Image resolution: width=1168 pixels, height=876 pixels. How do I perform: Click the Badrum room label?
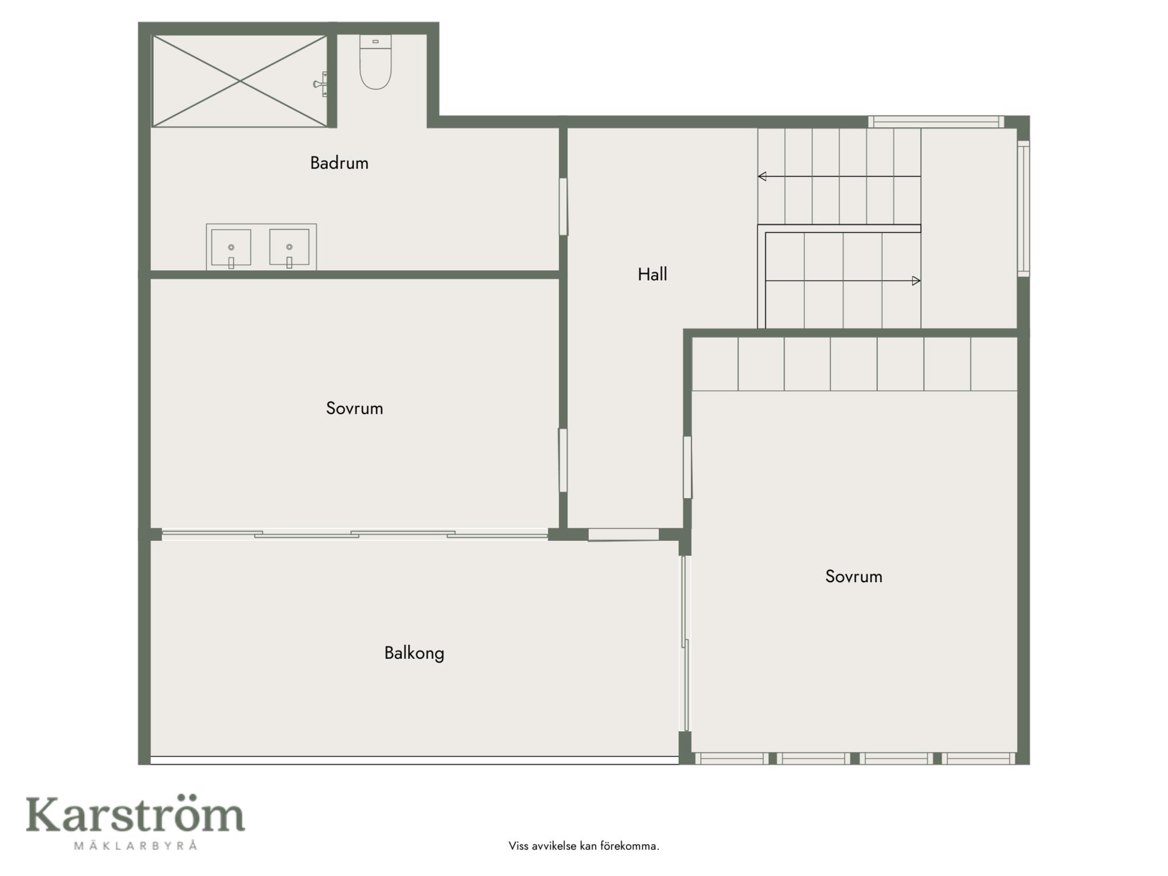click(x=339, y=163)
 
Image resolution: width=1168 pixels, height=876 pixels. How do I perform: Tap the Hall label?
click(x=652, y=274)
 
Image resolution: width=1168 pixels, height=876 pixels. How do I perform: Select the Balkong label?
click(x=414, y=653)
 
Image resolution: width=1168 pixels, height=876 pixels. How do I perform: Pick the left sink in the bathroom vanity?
click(x=231, y=248)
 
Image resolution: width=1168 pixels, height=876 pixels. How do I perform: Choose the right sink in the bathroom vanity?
click(x=289, y=248)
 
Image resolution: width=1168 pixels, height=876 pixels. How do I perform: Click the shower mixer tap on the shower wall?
click(x=321, y=84)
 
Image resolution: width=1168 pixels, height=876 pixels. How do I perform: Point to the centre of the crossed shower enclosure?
click(x=240, y=81)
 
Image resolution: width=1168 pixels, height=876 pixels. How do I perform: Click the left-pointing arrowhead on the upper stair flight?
click(x=762, y=176)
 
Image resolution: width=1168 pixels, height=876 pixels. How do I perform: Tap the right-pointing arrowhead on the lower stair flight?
click(x=916, y=280)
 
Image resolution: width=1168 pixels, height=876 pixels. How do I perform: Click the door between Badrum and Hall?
click(x=563, y=206)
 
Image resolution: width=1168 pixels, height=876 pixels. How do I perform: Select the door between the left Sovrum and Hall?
click(x=563, y=461)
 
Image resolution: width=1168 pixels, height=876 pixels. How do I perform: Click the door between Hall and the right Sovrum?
click(x=687, y=467)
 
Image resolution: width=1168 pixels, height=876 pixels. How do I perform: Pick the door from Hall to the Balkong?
click(x=624, y=535)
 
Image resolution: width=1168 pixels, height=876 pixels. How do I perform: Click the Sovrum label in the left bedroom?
click(x=355, y=408)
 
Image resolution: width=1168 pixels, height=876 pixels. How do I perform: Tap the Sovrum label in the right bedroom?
click(x=853, y=577)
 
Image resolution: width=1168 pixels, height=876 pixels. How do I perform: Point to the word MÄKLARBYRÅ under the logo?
click(x=136, y=845)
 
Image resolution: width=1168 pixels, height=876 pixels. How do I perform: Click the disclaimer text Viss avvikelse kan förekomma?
click(x=584, y=846)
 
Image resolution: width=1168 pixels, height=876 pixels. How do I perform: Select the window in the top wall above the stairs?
click(x=936, y=122)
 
